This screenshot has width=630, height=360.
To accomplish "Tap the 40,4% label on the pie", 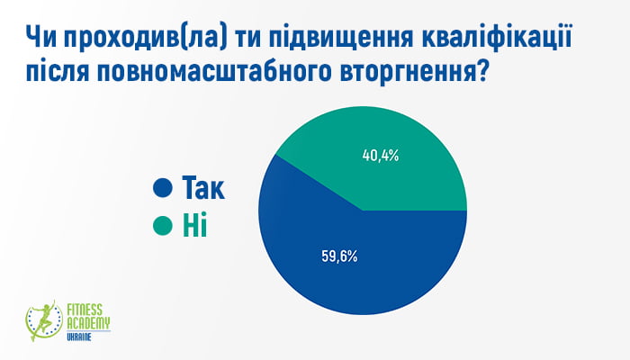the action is [381, 156].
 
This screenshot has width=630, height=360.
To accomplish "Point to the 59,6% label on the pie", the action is [339, 256].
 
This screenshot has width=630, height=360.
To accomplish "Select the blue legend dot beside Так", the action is [163, 187].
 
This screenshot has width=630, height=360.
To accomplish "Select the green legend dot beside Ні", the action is [163, 225].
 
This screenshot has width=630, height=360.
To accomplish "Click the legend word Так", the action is [203, 187].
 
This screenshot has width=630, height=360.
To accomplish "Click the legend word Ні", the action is [195, 225].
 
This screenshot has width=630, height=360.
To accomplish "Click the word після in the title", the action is [57, 71].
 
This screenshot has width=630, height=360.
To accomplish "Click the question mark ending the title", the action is [480, 71].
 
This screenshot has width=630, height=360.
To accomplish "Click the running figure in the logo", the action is [44, 320].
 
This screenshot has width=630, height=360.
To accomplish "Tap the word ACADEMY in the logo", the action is [88, 323].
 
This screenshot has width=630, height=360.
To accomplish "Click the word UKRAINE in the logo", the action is [79, 337].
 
